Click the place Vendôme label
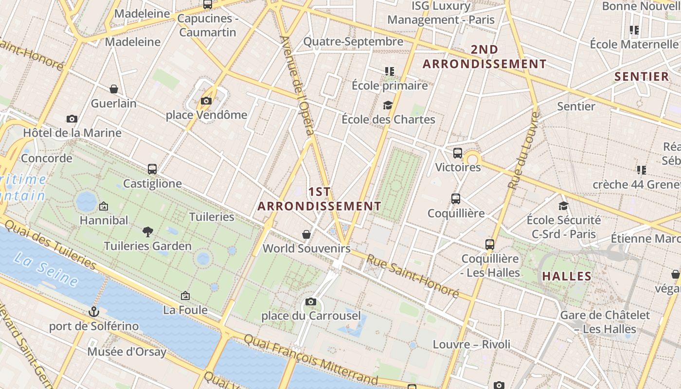pos(206,115)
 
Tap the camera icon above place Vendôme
pos(206,101)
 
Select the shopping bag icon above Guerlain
pos(114,89)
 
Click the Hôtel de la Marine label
pos(72,133)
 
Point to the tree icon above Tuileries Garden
pos(148,232)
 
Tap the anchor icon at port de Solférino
pos(94,311)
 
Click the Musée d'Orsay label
pos(126,352)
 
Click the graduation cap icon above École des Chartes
pos(388,105)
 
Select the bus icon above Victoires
pos(457,153)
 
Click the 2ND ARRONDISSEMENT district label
pos(484,57)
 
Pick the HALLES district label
pos(567,277)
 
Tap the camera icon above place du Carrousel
pos(311,302)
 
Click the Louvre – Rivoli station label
pos(471,345)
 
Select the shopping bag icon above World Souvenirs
pos(306,235)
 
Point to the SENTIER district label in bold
pos(642,76)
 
